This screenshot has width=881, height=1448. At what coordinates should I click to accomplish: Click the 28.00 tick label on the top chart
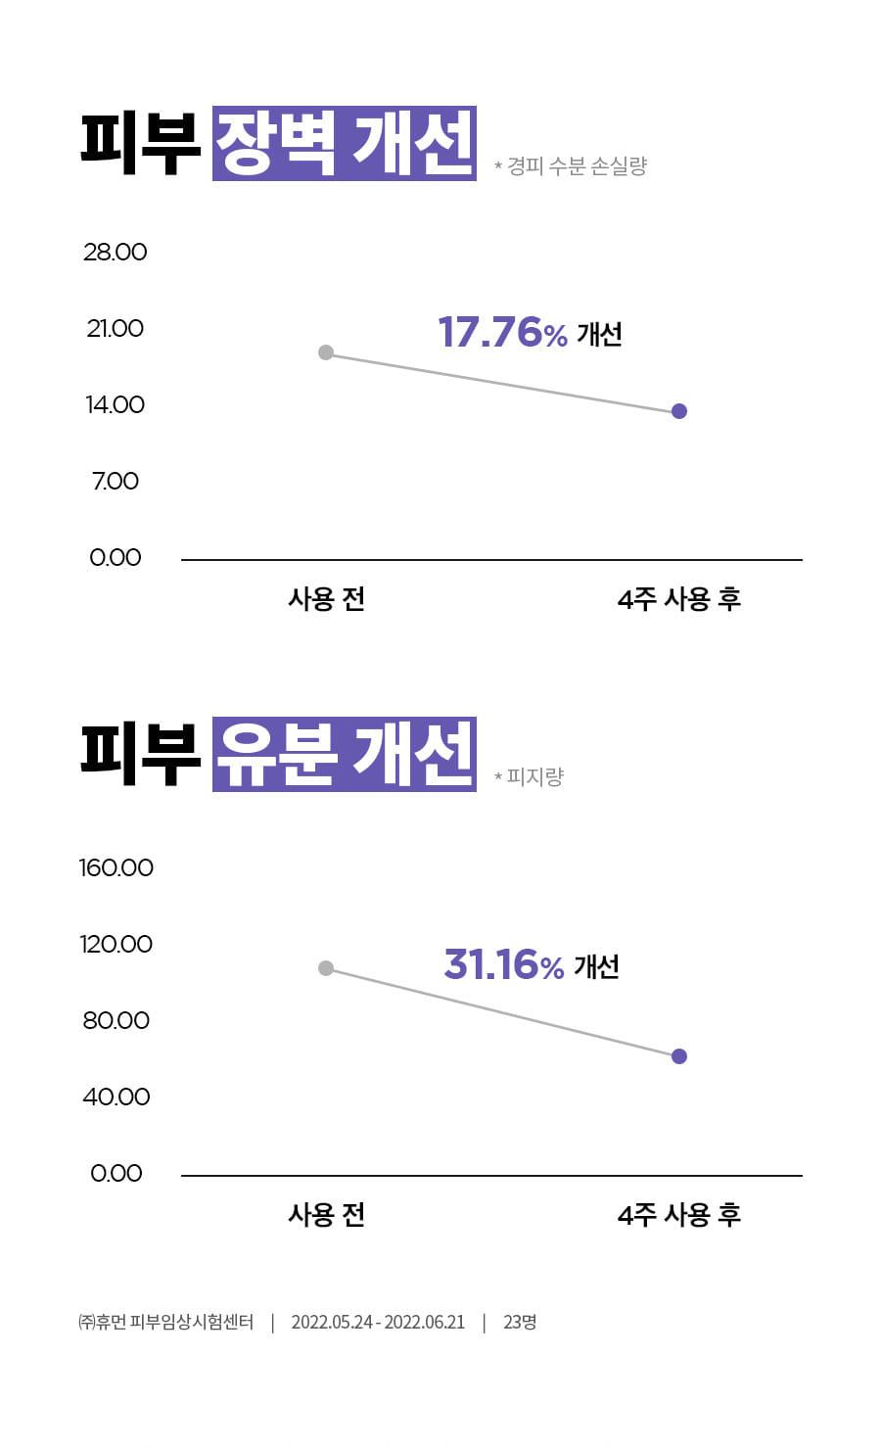(115, 252)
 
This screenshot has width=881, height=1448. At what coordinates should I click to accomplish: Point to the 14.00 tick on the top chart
(115, 404)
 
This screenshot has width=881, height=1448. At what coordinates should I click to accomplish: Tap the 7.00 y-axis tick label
(116, 481)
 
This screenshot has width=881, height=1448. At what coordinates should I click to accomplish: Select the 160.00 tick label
(116, 867)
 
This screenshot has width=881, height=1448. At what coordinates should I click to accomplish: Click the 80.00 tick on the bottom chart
(116, 1020)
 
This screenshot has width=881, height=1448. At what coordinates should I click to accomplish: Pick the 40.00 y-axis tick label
(116, 1097)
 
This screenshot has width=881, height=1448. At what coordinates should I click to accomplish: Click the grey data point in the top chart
(326, 352)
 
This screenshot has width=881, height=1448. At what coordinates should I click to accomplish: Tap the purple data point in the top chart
(679, 411)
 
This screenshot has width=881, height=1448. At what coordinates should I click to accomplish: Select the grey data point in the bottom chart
(326, 968)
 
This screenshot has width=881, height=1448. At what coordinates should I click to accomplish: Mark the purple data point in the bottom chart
(679, 1056)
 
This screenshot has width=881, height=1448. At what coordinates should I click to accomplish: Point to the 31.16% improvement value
(503, 965)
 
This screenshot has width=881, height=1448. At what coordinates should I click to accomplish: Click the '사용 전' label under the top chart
(326, 599)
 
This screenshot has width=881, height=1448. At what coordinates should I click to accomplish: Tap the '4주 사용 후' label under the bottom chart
(679, 1215)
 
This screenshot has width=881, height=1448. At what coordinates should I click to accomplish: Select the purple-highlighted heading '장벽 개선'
(344, 144)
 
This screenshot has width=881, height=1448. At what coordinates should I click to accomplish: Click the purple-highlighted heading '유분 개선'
(344, 754)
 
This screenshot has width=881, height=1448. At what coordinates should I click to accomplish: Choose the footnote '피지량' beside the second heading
(534, 777)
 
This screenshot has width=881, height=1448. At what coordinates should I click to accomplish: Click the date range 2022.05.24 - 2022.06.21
(378, 1323)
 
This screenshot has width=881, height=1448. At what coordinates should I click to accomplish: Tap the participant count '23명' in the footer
(520, 1323)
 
